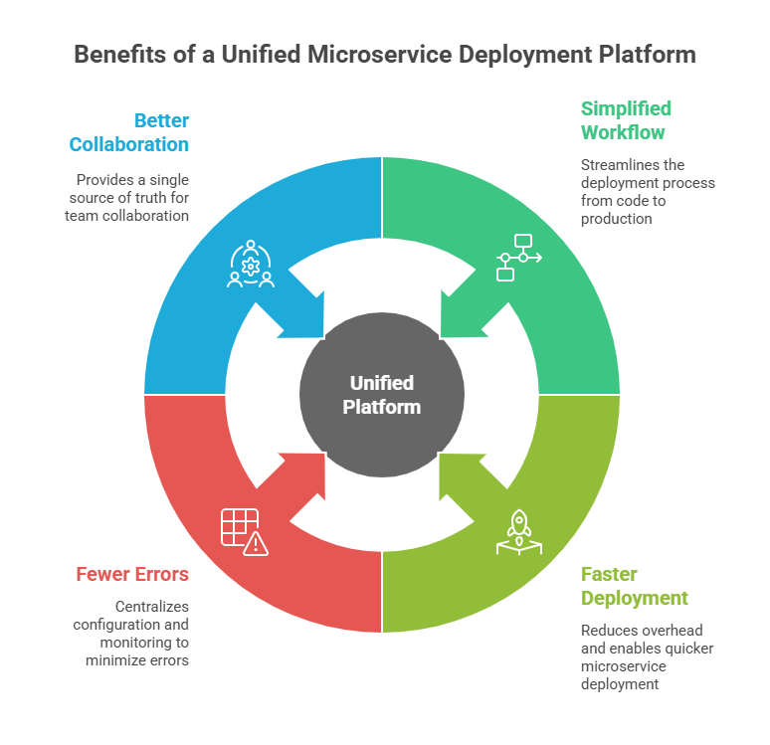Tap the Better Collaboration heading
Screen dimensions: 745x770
point(129,132)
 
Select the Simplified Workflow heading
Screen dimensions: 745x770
point(626,120)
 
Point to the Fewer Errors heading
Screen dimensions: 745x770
point(132,574)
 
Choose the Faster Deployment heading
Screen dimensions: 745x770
point(634,586)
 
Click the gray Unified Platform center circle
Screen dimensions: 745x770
point(382,395)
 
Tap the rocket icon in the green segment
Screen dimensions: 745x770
point(518,531)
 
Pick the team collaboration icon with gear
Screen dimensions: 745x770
point(251,264)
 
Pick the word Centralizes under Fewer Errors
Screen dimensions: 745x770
point(151,606)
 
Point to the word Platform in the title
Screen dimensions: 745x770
point(647,54)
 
